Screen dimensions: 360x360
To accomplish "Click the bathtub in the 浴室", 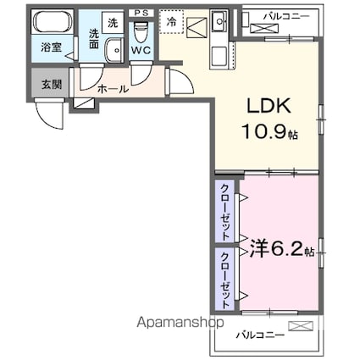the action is [53, 22].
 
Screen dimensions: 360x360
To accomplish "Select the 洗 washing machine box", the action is [113, 23].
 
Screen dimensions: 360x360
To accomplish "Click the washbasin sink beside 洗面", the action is [114, 50].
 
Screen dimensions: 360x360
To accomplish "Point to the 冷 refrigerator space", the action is [171, 22].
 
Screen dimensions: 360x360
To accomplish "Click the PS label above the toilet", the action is [141, 13].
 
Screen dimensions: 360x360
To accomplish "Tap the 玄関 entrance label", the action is [52, 85].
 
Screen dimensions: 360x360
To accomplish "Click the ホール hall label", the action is [113, 89].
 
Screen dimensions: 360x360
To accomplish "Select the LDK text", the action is [269, 106].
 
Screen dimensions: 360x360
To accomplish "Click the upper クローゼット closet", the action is [224, 212].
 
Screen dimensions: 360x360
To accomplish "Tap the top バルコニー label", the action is [286, 16].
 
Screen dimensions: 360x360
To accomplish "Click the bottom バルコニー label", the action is [260, 335].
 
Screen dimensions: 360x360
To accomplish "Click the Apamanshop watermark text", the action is [180, 322].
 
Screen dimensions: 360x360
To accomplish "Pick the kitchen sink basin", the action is [219, 21].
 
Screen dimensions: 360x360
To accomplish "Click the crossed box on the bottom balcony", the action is [301, 326].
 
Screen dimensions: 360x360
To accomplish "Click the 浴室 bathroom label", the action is [51, 47].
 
